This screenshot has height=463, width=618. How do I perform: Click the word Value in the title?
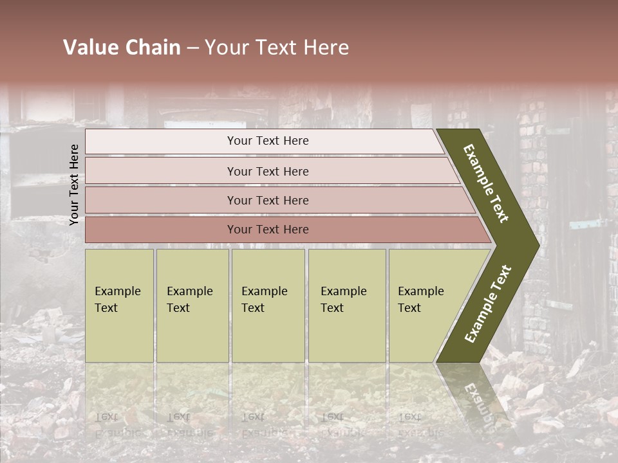[x=90, y=48]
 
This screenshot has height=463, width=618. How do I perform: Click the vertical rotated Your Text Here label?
[x=74, y=185]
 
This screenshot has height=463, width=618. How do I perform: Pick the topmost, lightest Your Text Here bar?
[x=268, y=141]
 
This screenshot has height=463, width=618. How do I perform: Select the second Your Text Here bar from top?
[x=268, y=171]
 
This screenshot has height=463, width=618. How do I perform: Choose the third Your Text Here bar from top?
[x=268, y=201]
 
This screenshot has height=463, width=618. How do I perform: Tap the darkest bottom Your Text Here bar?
[x=268, y=230]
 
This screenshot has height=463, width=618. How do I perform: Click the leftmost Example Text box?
[x=119, y=305]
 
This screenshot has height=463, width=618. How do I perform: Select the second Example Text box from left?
[x=192, y=305]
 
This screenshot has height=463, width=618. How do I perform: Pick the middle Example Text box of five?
[x=268, y=305]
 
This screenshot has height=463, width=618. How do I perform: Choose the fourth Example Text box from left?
[x=347, y=305]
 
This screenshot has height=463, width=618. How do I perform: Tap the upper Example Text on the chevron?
[x=486, y=183]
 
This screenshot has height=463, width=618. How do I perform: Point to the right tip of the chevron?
[x=538, y=245]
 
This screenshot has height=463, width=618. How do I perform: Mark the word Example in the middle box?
[x=265, y=291]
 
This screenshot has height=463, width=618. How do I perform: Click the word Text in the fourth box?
[x=332, y=308]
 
